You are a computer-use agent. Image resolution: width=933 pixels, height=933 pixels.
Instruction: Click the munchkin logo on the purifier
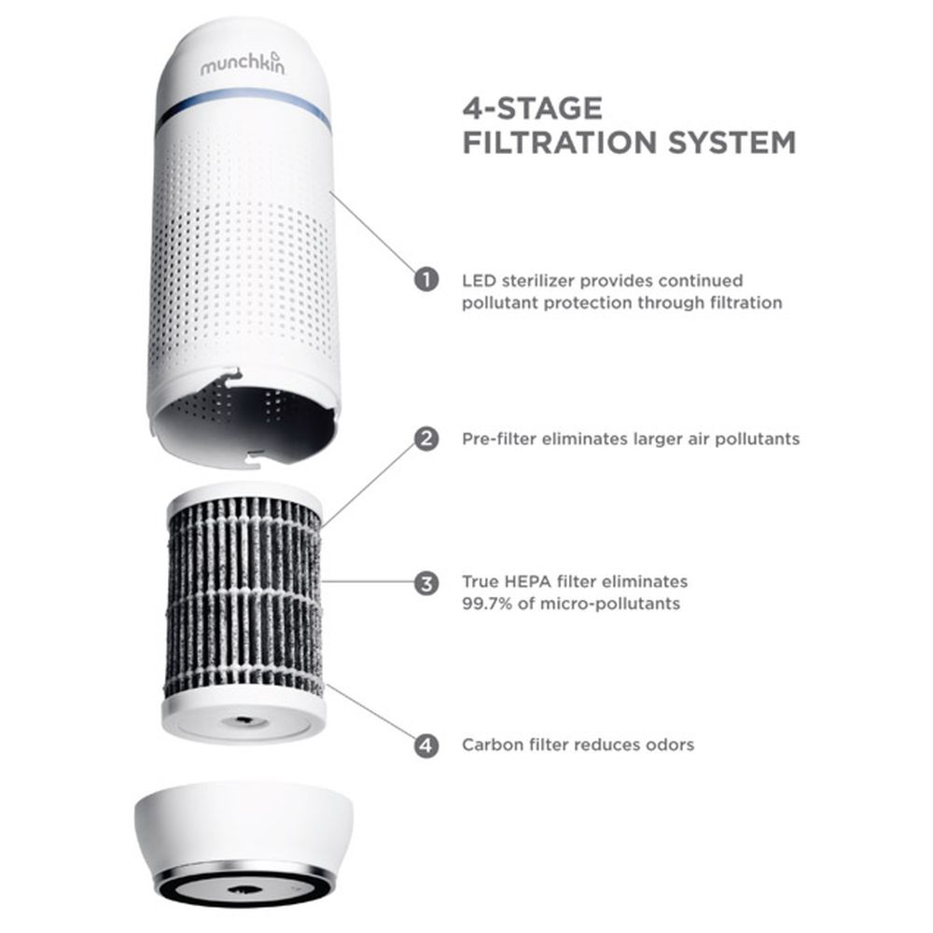[243, 63]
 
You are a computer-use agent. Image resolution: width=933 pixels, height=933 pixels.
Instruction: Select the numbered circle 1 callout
[426, 279]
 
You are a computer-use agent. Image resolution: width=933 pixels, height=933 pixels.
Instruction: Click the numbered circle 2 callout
[426, 439]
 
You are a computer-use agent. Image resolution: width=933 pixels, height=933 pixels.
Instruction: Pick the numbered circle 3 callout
[426, 584]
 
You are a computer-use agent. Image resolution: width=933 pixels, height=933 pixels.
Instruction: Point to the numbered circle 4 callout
[426, 745]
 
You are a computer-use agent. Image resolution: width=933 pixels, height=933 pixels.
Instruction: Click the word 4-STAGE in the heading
[533, 108]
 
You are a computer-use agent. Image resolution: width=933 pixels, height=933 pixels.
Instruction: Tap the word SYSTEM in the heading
[731, 143]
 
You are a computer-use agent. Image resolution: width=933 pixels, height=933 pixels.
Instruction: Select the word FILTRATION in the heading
[560, 143]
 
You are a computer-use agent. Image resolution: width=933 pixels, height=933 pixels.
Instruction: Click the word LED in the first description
[479, 280]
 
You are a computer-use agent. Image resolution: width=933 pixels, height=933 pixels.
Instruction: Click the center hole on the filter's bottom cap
[244, 721]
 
